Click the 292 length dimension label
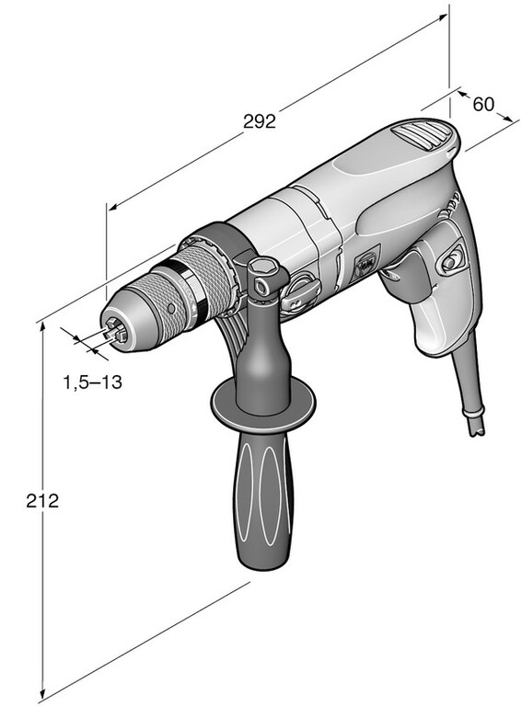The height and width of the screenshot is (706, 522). tap(260, 121)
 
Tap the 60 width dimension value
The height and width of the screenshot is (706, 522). tap(483, 104)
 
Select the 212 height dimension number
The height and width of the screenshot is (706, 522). tap(42, 501)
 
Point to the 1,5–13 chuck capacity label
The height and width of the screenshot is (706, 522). tap(92, 382)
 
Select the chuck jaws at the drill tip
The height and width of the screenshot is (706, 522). tap(114, 331)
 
